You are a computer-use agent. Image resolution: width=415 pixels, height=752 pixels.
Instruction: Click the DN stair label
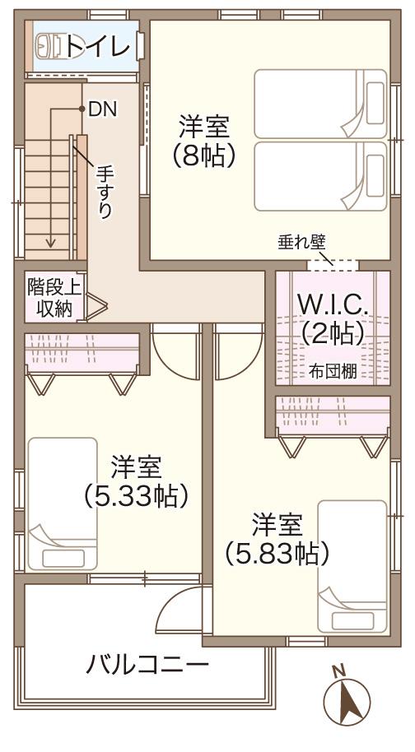click(x=101, y=108)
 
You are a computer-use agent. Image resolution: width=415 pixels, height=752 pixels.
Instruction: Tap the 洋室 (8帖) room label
click(x=203, y=141)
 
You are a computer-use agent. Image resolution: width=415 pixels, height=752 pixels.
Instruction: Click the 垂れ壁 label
click(x=301, y=242)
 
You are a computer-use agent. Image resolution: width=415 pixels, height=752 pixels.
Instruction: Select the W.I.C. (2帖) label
click(x=333, y=319)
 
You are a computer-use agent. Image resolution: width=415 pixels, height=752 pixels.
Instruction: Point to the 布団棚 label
click(x=333, y=371)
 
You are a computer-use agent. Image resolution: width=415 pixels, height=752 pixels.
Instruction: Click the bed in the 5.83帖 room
click(x=352, y=565)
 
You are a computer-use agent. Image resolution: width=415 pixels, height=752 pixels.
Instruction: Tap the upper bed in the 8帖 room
click(x=320, y=104)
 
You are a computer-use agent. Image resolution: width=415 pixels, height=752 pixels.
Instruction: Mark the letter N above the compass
click(x=337, y=671)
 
